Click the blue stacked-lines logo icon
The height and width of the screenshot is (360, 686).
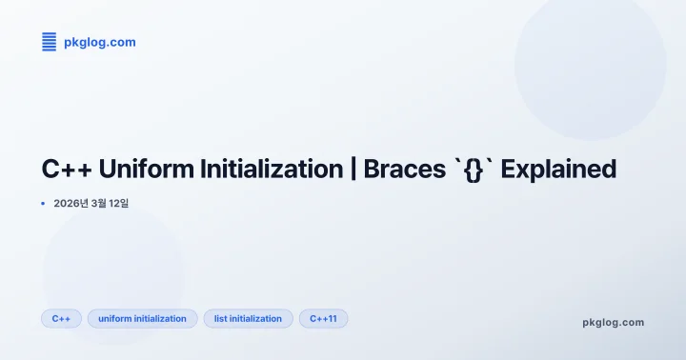point(50,41)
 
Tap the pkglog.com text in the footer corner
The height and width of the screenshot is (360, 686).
point(613,322)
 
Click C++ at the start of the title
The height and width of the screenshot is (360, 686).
point(66,170)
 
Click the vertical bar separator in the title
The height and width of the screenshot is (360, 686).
point(353,170)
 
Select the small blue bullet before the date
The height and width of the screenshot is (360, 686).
point(43,203)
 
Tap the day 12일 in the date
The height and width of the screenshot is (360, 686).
point(129,203)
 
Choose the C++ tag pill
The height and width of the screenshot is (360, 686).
point(61,318)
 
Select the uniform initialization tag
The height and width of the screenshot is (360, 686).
point(142,318)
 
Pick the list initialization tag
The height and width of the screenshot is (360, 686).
point(248,318)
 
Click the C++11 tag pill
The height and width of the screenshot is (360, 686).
point(323,318)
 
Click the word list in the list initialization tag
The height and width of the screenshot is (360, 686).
point(221,318)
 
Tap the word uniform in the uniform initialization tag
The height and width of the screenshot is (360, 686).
point(115,318)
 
